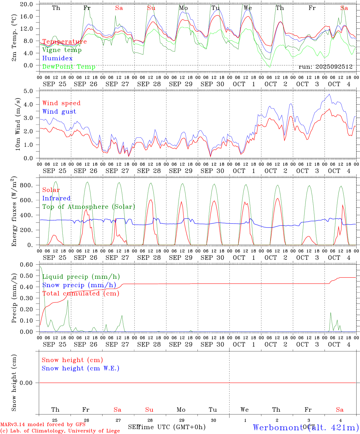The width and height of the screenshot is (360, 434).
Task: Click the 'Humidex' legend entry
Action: click(x=57, y=58)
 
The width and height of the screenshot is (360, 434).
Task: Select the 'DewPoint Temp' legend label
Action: click(x=69, y=67)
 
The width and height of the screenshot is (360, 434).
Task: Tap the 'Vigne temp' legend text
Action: click(x=62, y=50)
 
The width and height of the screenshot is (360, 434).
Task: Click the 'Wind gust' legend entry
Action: click(x=59, y=112)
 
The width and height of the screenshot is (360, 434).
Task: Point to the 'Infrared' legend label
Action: click(x=56, y=198)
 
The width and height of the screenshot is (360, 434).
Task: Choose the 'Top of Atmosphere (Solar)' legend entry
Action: click(x=89, y=207)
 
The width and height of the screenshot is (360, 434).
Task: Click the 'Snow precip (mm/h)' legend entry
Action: click(x=79, y=285)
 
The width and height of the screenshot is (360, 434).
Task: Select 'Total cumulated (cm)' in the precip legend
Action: click(x=81, y=294)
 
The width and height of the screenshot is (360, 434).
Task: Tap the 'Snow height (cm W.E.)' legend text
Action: click(x=81, y=368)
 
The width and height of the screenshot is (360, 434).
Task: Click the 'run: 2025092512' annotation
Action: click(x=325, y=67)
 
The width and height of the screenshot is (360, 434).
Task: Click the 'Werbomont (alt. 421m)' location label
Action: click(x=306, y=427)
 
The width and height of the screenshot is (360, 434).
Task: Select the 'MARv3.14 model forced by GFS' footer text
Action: click(x=43, y=424)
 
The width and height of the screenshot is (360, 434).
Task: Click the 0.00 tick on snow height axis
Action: click(x=26, y=383)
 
